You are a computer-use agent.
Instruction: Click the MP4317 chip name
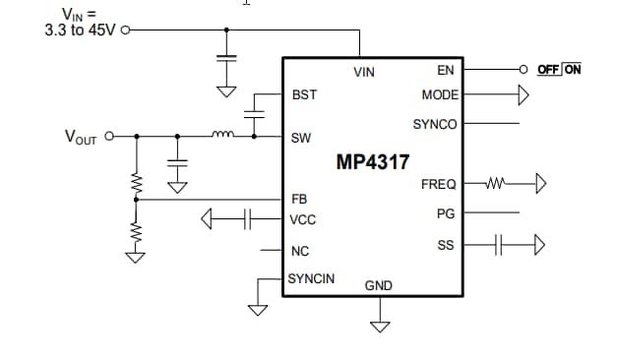coord(373,161)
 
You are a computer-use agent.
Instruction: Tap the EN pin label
coord(445,71)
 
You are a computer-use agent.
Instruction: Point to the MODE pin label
coord(439,95)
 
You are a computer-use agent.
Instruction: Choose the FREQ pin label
coord(438,184)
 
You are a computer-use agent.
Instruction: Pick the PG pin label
coord(445,212)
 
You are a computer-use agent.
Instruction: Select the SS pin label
coord(446,244)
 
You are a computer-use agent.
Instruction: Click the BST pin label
coord(303,95)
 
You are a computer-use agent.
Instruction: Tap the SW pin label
coord(301,138)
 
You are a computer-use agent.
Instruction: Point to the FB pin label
coord(299,199)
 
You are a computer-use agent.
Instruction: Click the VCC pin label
coord(303,219)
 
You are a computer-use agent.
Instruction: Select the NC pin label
coord(300,252)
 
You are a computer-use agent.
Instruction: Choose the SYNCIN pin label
coord(311,279)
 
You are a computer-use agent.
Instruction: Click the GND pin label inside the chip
coord(379,285)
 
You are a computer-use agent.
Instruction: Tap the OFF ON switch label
coord(559,70)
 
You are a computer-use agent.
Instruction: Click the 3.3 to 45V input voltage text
coord(80,30)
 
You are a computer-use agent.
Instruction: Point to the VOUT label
coord(80,138)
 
